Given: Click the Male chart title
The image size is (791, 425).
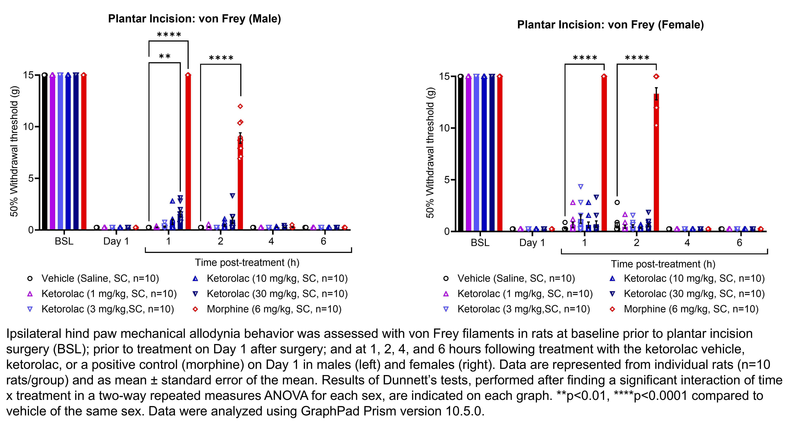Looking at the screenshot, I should [194, 19].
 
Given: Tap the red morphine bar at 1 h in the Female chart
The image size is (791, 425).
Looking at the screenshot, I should [604, 153].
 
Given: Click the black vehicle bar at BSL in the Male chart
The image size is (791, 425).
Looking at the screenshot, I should [45, 153].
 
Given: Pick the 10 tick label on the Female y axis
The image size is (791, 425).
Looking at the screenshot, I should [444, 128].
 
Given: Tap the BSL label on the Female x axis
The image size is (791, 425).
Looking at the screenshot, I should [480, 243].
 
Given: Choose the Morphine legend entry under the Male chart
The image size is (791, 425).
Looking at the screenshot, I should [274, 309].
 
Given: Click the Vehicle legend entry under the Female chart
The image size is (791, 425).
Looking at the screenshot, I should [516, 278].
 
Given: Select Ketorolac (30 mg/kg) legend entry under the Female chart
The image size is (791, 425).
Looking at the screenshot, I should [694, 294].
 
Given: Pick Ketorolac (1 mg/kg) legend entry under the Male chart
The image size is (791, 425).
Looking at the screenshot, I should [109, 294].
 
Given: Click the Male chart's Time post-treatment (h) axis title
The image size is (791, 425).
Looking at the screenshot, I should [247, 263].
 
